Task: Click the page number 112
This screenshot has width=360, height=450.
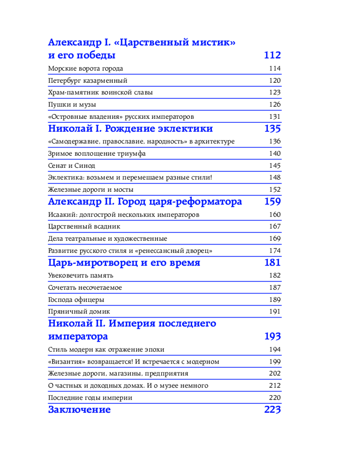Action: coord(272,55)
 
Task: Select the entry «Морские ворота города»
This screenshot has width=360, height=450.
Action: coord(85,69)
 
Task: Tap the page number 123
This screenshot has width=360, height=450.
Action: coord(275,93)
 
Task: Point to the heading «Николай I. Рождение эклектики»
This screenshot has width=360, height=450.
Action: coord(130,129)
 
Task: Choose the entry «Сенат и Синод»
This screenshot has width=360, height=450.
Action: coord(71,166)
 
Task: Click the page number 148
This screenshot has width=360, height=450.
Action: coord(275,178)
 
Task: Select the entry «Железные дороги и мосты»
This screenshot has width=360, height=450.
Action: coord(90,190)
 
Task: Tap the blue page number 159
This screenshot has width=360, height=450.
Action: coord(273,202)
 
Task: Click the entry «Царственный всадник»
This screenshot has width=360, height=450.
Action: coord(84,226)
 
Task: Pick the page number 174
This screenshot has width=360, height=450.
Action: coord(275,251)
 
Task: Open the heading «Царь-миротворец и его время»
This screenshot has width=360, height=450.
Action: coord(124,263)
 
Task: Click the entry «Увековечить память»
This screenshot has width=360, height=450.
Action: coord(81,275)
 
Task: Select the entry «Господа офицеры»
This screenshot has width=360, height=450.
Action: coord(76,299)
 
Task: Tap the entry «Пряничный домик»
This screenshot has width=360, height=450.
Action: coord(79,311)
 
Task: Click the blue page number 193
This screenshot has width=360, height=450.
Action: coord(272,337)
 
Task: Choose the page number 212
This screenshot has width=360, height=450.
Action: coord(275,386)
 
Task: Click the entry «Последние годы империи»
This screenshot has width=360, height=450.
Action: coord(90,398)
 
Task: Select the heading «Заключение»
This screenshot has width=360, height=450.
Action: coord(79,410)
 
